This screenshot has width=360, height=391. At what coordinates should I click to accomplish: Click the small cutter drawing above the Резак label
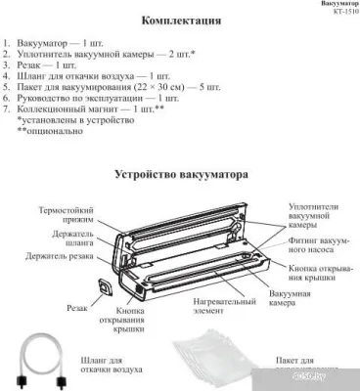105,287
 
